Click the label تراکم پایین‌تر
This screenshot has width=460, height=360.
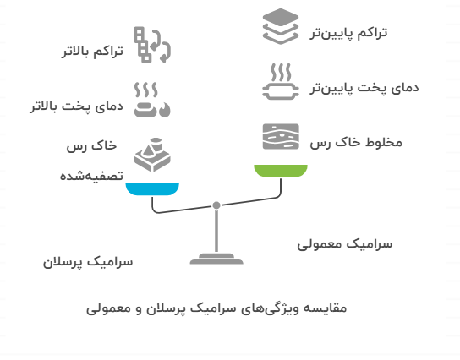(x=348, y=33)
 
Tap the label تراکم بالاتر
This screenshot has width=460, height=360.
(x=92, y=52)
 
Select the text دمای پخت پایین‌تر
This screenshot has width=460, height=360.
(x=364, y=88)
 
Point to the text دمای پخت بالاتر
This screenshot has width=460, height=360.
(x=77, y=106)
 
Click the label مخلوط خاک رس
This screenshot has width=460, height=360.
(x=356, y=143)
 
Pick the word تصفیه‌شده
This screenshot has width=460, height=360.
(x=91, y=176)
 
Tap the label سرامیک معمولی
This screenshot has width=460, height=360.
(x=345, y=244)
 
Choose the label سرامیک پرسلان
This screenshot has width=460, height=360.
(x=88, y=262)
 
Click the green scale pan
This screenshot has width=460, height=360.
(x=281, y=171)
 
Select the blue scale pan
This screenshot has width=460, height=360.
(x=152, y=189)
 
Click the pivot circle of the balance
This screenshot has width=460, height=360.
(x=216, y=205)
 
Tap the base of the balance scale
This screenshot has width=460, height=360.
(x=216, y=259)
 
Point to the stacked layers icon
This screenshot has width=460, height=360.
(x=281, y=26)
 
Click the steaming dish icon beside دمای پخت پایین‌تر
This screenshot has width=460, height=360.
(x=281, y=81)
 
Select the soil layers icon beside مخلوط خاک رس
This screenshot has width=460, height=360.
(x=281, y=137)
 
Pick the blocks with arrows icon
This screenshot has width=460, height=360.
(x=152, y=45)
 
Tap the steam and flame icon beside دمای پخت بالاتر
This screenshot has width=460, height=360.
(x=152, y=100)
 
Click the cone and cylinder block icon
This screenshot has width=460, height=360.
(x=152, y=155)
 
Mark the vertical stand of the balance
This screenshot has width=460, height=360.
(x=216, y=231)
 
